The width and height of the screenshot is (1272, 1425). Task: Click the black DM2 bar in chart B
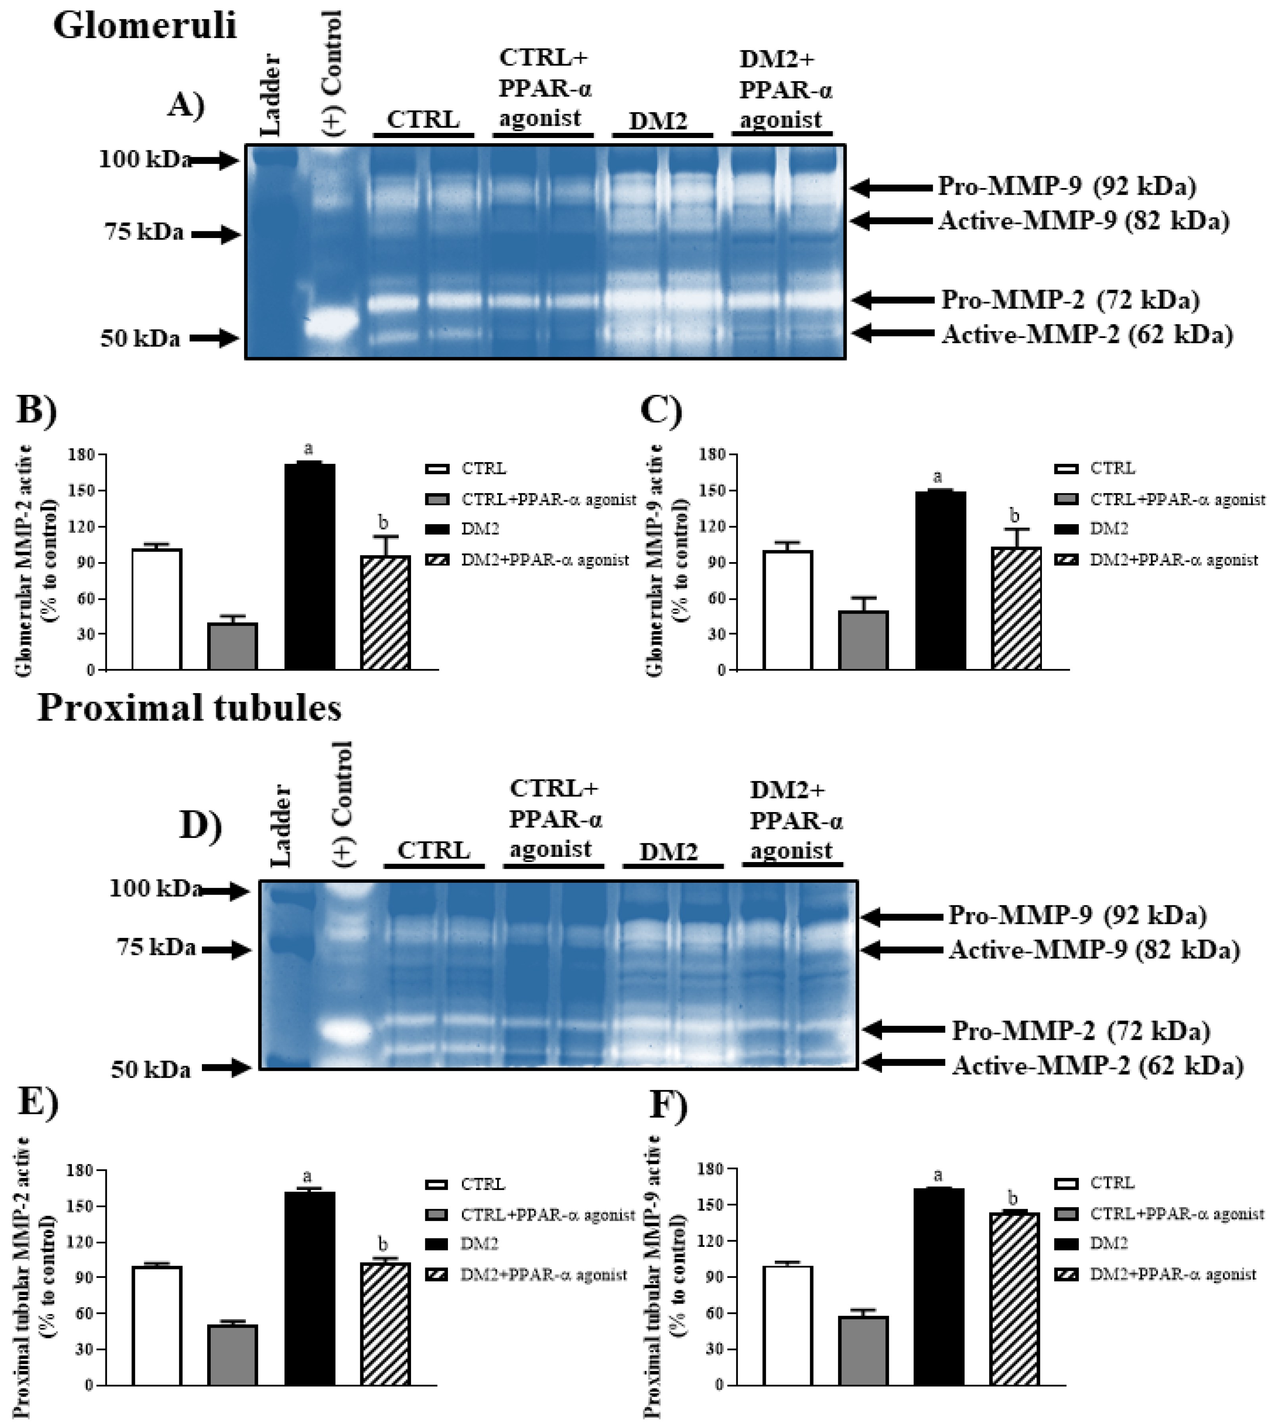tap(309, 566)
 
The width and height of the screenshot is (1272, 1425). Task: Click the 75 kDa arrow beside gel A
tap(216, 235)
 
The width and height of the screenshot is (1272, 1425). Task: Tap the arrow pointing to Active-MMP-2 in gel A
tap(892, 333)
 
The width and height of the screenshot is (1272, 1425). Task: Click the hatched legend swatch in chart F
tap(1065, 1274)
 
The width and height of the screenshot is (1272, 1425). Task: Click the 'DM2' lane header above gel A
tap(658, 122)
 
